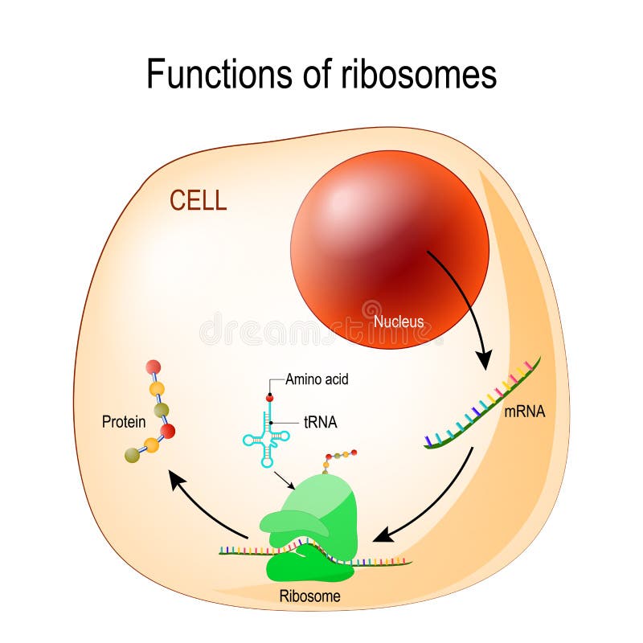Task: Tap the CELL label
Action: (198, 200)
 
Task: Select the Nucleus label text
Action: (399, 322)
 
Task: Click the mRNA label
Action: (525, 412)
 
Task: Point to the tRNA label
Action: (320, 423)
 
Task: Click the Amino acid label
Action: (317, 379)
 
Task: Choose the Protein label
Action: (123, 421)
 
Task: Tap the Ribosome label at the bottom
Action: (309, 596)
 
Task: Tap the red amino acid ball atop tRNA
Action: (270, 397)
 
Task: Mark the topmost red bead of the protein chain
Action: (153, 367)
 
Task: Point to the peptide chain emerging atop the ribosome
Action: (338, 461)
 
